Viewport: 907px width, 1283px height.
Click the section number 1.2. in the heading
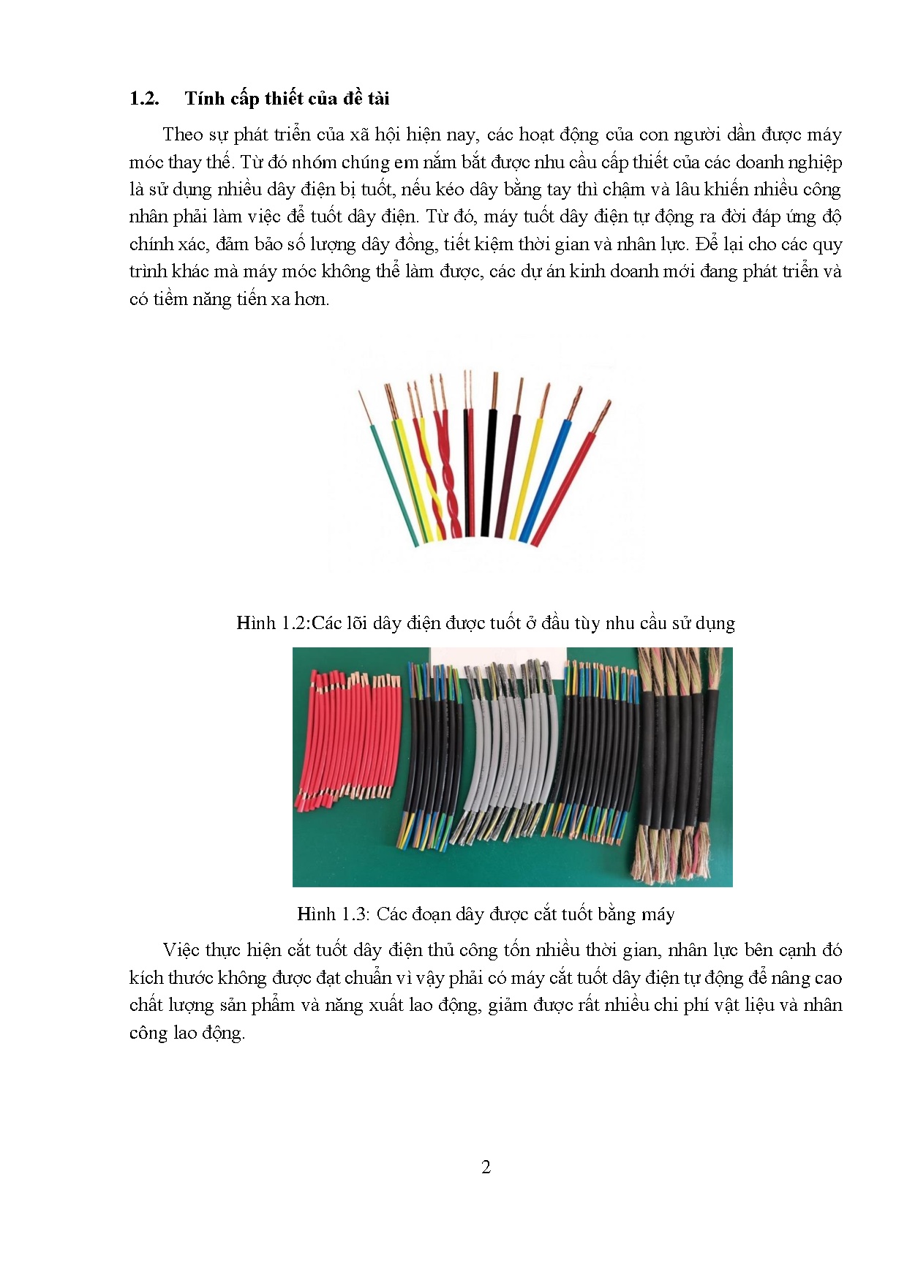pyautogui.click(x=144, y=99)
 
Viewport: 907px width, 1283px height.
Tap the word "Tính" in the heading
pyautogui.click(x=203, y=99)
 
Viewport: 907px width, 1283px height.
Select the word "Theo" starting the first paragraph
pyautogui.click(x=183, y=135)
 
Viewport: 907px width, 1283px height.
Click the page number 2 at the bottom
pyautogui.click(x=486, y=1167)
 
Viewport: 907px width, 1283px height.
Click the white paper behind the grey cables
pyautogui.click(x=497, y=656)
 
